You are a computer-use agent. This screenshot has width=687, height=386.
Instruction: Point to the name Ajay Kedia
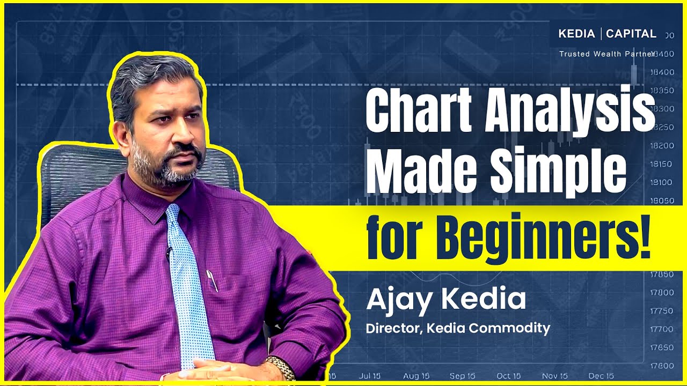(445, 300)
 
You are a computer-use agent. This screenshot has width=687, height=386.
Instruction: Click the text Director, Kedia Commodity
(458, 328)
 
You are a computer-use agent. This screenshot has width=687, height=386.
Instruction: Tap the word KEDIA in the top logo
(576, 34)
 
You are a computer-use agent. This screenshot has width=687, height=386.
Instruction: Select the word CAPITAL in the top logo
(631, 34)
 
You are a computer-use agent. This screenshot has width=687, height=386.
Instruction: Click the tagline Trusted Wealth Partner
(606, 54)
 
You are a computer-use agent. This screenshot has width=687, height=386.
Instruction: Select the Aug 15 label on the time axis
(416, 376)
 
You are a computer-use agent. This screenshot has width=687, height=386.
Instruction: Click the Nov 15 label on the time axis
(555, 376)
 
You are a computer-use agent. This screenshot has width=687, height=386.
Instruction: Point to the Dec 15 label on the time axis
(601, 376)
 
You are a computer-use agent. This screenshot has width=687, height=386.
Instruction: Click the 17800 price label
(662, 293)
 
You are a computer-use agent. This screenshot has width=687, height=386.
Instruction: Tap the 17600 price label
(662, 366)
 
